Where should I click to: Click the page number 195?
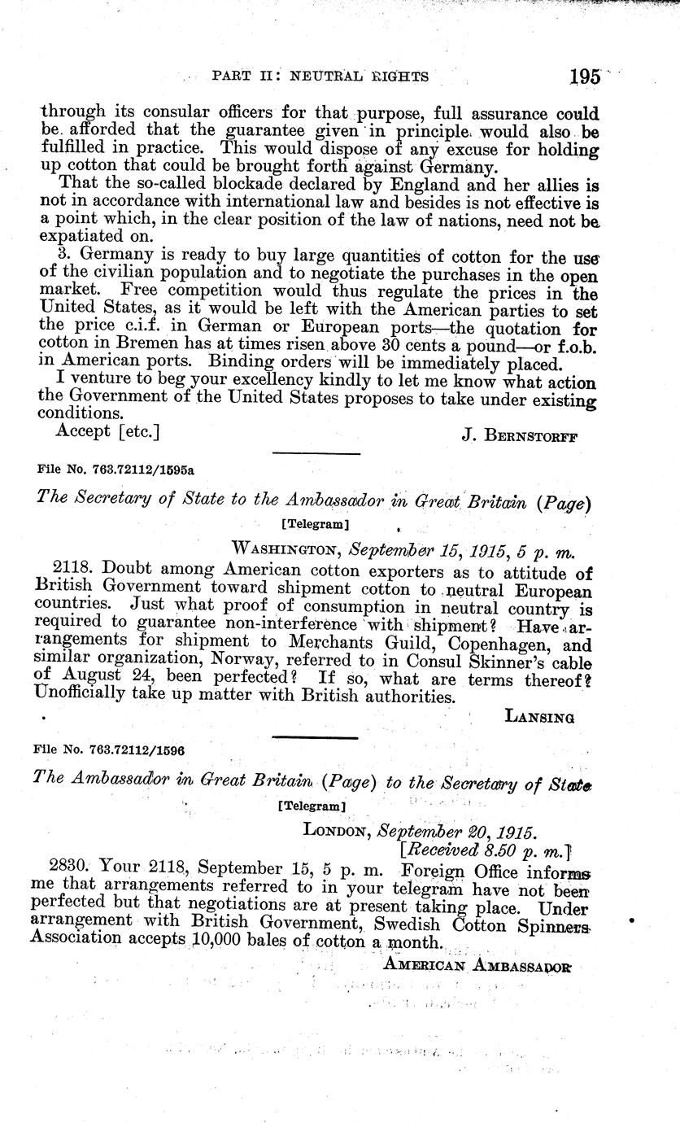tap(585, 76)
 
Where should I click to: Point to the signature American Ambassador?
tap(477, 965)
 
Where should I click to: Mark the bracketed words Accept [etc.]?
tap(107, 430)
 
